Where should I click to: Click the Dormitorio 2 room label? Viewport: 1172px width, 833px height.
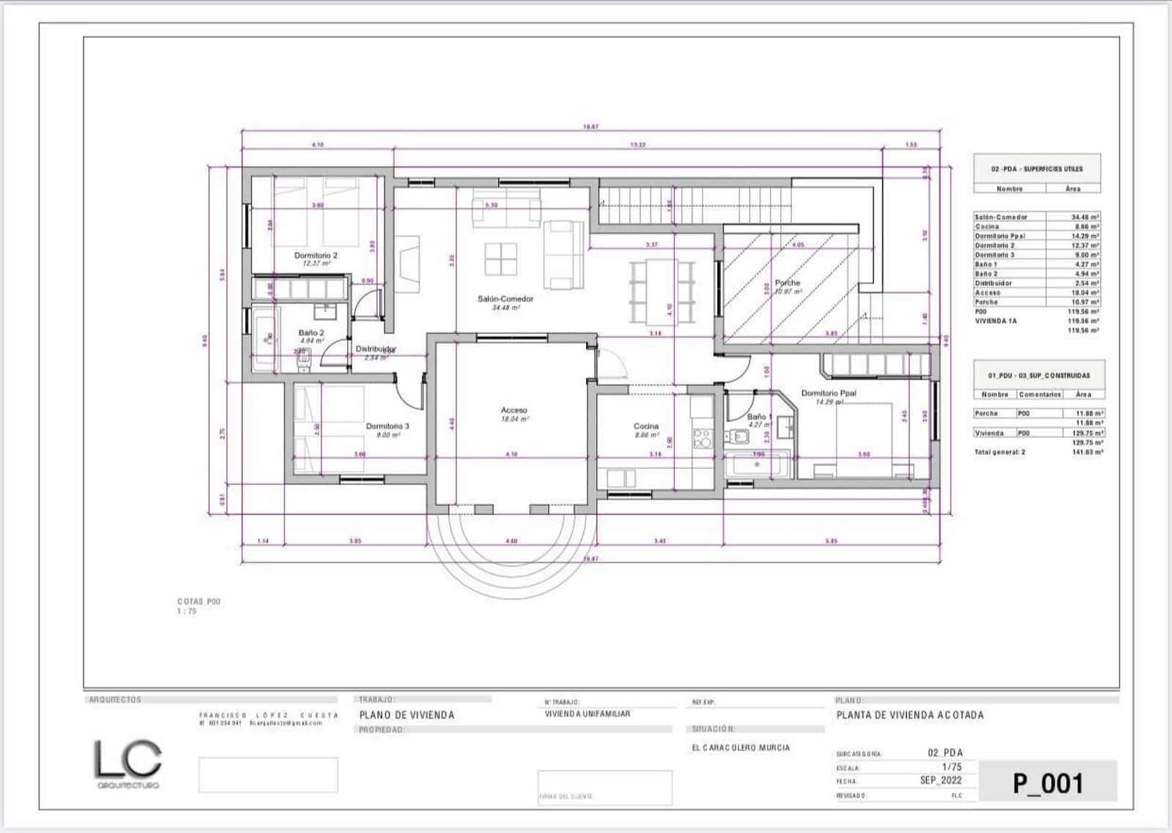(316, 256)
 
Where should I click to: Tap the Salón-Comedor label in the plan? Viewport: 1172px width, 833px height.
(505, 299)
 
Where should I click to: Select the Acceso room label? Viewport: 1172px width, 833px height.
(513, 410)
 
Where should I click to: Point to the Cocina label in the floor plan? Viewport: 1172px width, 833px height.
(646, 426)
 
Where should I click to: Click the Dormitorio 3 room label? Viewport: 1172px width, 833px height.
(387, 426)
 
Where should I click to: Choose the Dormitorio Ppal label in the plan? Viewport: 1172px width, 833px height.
(828, 393)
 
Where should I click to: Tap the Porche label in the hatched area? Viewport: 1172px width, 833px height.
(787, 283)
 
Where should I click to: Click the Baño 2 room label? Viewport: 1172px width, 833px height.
(311, 333)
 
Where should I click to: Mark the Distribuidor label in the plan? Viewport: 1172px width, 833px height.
(376, 349)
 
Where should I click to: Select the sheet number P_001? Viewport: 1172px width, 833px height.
(1047, 783)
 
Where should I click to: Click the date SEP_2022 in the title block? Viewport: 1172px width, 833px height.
(941, 780)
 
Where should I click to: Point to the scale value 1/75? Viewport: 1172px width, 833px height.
(952, 767)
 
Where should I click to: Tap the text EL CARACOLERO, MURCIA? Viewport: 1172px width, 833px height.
(741, 748)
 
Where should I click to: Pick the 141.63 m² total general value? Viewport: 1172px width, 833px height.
(1087, 453)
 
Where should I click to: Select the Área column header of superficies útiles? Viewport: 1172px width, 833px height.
(1072, 189)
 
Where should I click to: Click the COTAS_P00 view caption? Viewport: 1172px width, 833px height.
(199, 601)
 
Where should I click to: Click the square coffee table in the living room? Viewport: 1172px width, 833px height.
(501, 261)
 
